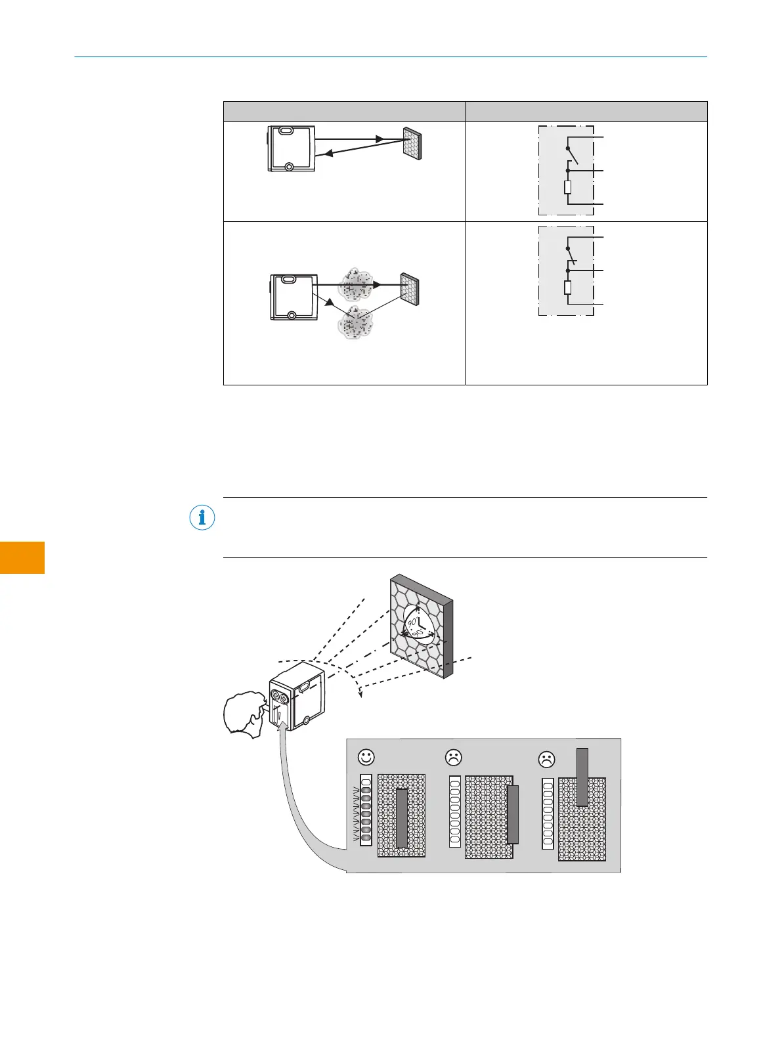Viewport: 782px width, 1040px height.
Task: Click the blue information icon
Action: tap(202, 518)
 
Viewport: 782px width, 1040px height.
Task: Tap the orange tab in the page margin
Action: tap(22, 557)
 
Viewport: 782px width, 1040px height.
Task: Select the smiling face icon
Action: tap(366, 757)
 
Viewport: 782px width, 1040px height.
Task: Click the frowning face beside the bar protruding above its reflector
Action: tap(546, 759)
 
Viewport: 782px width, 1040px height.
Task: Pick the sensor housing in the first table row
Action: tap(292, 148)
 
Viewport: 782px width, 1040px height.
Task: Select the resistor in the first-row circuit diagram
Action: tap(568, 188)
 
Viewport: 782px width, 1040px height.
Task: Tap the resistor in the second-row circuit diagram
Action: tap(568, 288)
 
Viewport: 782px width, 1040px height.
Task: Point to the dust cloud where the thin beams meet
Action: tap(355, 322)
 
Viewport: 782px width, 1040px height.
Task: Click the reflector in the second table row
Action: tap(409, 288)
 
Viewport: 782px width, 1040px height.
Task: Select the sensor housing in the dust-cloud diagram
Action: tap(294, 297)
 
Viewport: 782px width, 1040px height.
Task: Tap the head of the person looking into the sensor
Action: tap(243, 714)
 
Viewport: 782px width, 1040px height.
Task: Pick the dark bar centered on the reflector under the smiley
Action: tap(402, 817)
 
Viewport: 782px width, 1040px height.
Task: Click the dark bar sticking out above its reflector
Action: tap(582, 777)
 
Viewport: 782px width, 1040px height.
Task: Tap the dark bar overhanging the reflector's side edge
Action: tap(513, 814)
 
